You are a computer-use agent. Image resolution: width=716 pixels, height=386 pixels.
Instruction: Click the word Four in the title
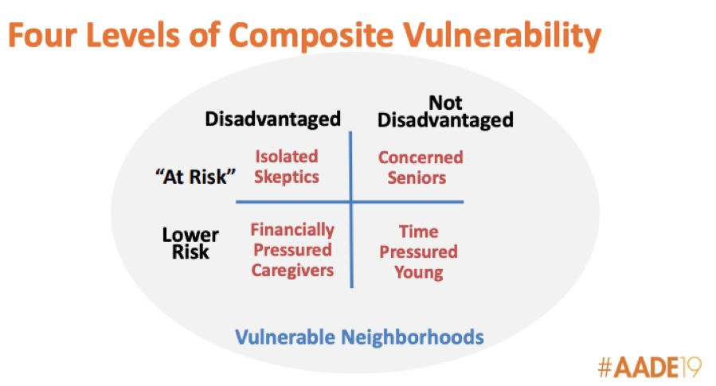point(42,35)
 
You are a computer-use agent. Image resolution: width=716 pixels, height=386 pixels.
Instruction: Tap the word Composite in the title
point(311,37)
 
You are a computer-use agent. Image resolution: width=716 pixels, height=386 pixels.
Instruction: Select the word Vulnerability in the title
point(502,37)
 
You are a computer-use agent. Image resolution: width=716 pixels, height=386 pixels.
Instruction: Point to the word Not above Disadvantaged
point(445,103)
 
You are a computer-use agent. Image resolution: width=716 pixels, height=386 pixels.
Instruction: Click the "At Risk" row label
point(195,177)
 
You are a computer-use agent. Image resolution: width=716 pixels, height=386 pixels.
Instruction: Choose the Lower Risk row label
point(190,244)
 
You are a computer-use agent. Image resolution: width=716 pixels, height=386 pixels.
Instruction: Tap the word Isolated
point(286,157)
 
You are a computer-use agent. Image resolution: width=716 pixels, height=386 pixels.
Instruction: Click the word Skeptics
point(286,177)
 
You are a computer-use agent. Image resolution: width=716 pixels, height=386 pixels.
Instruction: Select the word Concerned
point(421,158)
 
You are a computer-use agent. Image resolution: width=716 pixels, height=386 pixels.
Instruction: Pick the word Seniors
point(417,177)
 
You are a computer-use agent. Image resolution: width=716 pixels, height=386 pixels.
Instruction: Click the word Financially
point(292,229)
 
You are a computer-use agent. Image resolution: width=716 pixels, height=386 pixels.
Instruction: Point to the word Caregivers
point(292,270)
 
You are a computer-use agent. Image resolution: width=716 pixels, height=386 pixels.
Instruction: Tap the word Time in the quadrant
point(418,232)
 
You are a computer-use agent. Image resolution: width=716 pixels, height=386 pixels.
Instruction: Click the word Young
point(418,272)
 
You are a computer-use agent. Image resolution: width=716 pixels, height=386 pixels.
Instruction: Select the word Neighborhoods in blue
point(413,337)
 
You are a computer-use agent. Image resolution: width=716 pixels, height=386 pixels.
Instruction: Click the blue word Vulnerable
point(285,337)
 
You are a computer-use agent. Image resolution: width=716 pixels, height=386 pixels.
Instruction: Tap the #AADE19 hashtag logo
point(649,367)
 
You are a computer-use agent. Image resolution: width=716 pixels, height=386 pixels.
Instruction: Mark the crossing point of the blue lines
point(351,201)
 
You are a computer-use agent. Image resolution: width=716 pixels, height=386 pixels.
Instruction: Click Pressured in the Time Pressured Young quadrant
point(418,251)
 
